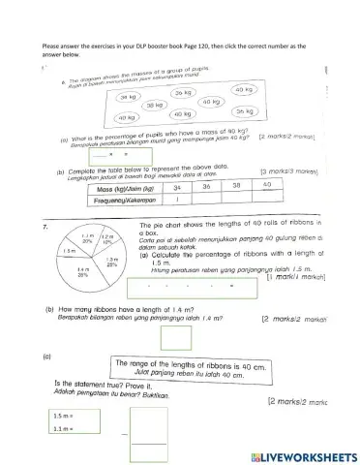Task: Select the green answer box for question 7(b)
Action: (175, 338)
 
